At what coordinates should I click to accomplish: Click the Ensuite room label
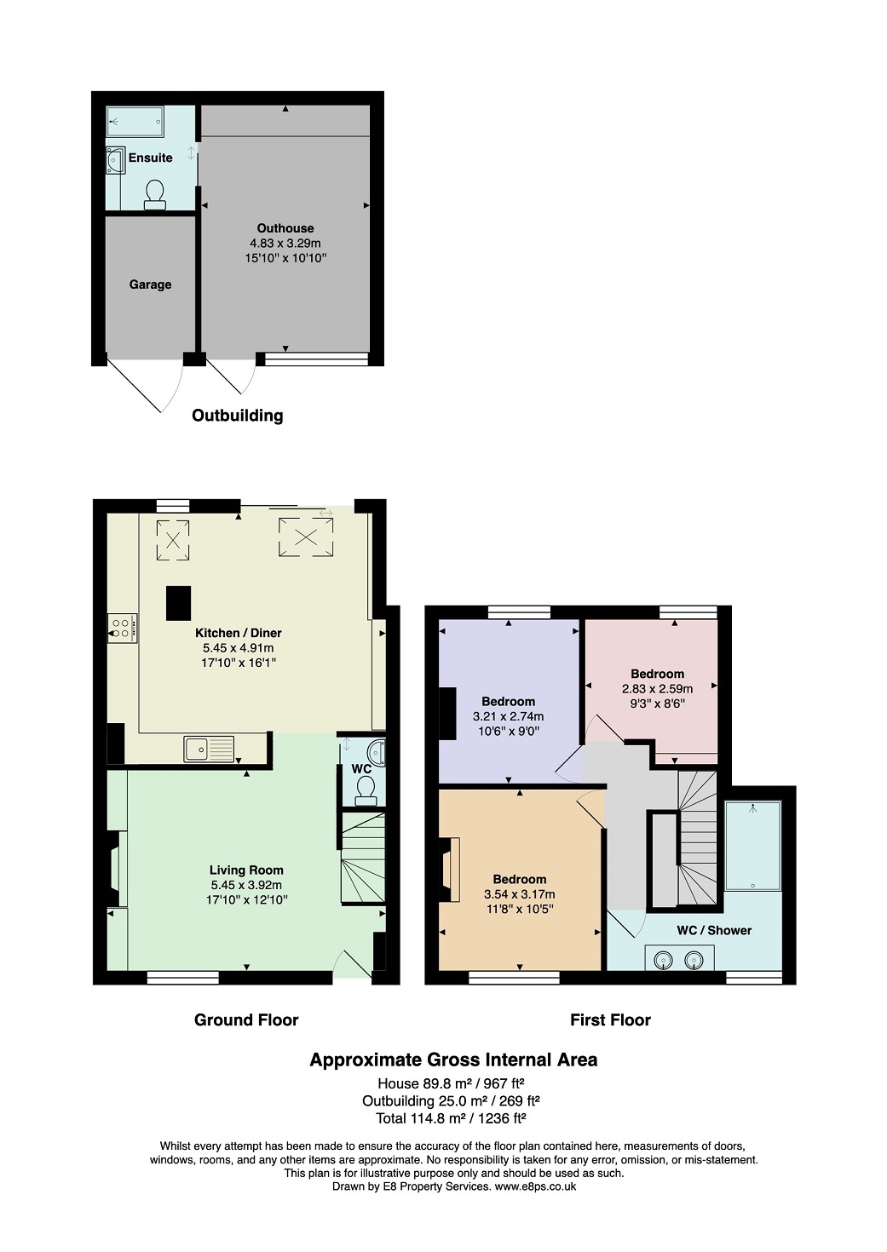pos(150,158)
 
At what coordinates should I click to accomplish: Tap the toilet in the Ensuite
pos(155,194)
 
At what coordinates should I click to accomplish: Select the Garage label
pos(150,284)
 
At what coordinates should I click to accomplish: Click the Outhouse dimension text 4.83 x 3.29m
pos(285,243)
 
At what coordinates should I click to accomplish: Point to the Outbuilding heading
pos(237,416)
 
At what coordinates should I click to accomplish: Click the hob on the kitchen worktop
pos(122,629)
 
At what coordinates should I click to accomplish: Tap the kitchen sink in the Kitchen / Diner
pos(209,749)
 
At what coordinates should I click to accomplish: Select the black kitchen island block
pos(179,603)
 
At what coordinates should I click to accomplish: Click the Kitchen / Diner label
pos(238,633)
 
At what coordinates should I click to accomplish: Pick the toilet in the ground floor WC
pos(366,791)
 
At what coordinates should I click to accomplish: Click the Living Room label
pos(246,870)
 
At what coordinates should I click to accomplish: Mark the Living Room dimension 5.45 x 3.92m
pos(246,885)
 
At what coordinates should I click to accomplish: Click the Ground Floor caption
pos(246,1019)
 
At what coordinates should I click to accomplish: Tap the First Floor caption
pos(610,1019)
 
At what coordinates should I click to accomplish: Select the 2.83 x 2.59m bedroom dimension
pos(657,688)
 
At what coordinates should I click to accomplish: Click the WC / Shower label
pos(714,930)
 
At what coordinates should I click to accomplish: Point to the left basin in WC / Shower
pos(664,961)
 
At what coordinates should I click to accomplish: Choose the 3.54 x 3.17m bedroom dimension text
pos(519,894)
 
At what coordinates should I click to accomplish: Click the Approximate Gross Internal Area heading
pos(453,1060)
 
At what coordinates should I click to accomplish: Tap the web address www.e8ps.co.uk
pos(535,1186)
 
